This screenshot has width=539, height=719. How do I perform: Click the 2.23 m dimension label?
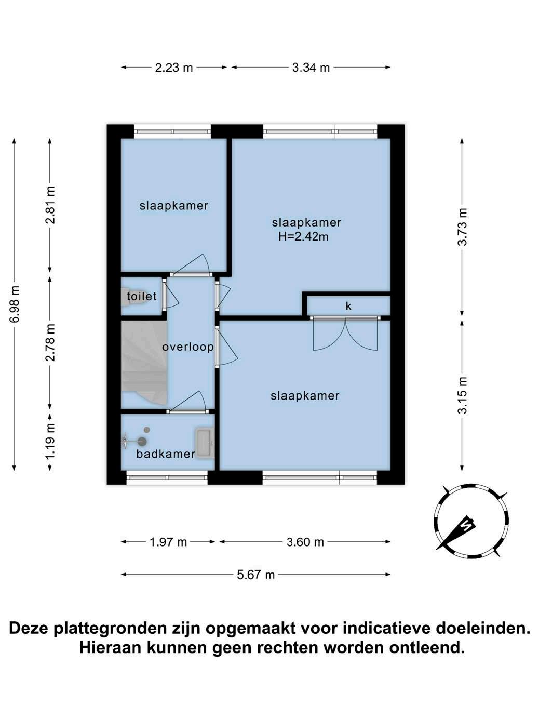pyautogui.click(x=174, y=68)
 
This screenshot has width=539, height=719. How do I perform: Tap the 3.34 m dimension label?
pyautogui.click(x=311, y=68)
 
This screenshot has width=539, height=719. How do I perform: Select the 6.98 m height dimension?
pyautogui.click(x=15, y=303)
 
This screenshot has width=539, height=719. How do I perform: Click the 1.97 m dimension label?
pyautogui.click(x=168, y=542)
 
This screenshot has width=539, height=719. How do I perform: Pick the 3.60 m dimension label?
pyautogui.click(x=305, y=542)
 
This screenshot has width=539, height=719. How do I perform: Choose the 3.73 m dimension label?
pyautogui.click(x=463, y=227)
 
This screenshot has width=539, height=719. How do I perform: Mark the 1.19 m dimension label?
pyautogui.click(x=51, y=442)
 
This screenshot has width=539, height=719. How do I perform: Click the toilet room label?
pyautogui.click(x=142, y=296)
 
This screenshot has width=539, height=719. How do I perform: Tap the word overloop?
pyautogui.click(x=188, y=347)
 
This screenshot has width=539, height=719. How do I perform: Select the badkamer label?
pyautogui.click(x=166, y=454)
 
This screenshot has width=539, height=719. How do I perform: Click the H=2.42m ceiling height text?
pyautogui.click(x=303, y=236)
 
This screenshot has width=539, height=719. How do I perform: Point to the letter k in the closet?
pyautogui.click(x=348, y=306)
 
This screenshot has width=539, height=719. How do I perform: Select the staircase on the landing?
pyautogui.click(x=144, y=363)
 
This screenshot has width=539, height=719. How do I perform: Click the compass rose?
pyautogui.click(x=471, y=521)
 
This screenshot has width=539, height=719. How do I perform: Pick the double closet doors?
pyautogui.click(x=345, y=334)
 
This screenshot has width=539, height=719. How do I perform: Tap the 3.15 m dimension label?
pyautogui.click(x=463, y=395)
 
